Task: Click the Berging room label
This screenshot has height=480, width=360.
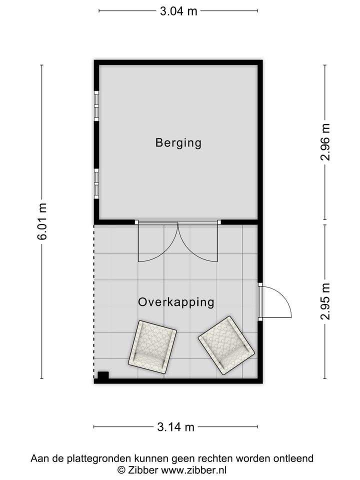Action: [x=178, y=143]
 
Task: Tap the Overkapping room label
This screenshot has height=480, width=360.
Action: [x=176, y=302]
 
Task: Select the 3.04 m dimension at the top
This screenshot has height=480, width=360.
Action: [x=178, y=11]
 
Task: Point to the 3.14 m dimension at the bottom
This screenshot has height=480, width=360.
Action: [x=175, y=427]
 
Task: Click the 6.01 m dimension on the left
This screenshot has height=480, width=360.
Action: [x=41, y=221]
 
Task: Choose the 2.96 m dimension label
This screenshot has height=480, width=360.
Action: [x=325, y=142]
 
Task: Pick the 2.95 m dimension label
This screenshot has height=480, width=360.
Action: [x=325, y=301]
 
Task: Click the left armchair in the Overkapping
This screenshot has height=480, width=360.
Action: [x=152, y=346]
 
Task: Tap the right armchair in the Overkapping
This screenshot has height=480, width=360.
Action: [x=226, y=344]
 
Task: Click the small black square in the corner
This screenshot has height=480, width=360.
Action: [x=103, y=375]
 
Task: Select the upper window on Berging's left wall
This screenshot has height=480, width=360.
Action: [x=96, y=106]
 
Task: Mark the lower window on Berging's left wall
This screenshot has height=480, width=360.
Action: [x=96, y=183]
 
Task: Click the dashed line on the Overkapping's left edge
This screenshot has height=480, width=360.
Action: [x=94, y=300]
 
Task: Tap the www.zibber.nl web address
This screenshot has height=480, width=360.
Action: [x=193, y=470]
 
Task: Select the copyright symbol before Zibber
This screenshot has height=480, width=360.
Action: [x=121, y=470]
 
